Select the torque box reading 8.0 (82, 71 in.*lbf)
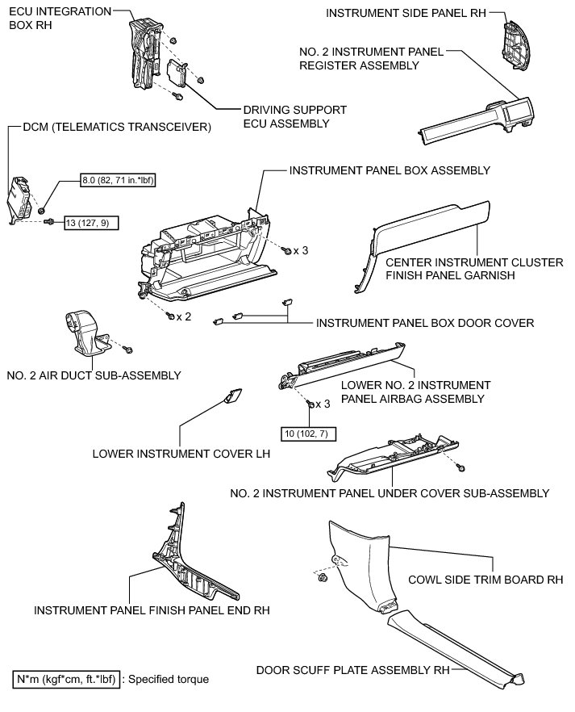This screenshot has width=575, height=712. (118, 180)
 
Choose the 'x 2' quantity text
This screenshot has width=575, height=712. (184, 316)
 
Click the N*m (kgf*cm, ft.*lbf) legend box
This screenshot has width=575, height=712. (68, 679)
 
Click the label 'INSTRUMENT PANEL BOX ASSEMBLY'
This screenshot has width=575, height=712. (390, 170)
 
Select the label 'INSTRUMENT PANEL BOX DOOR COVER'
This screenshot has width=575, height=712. (425, 323)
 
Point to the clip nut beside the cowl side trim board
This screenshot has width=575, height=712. (322, 578)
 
